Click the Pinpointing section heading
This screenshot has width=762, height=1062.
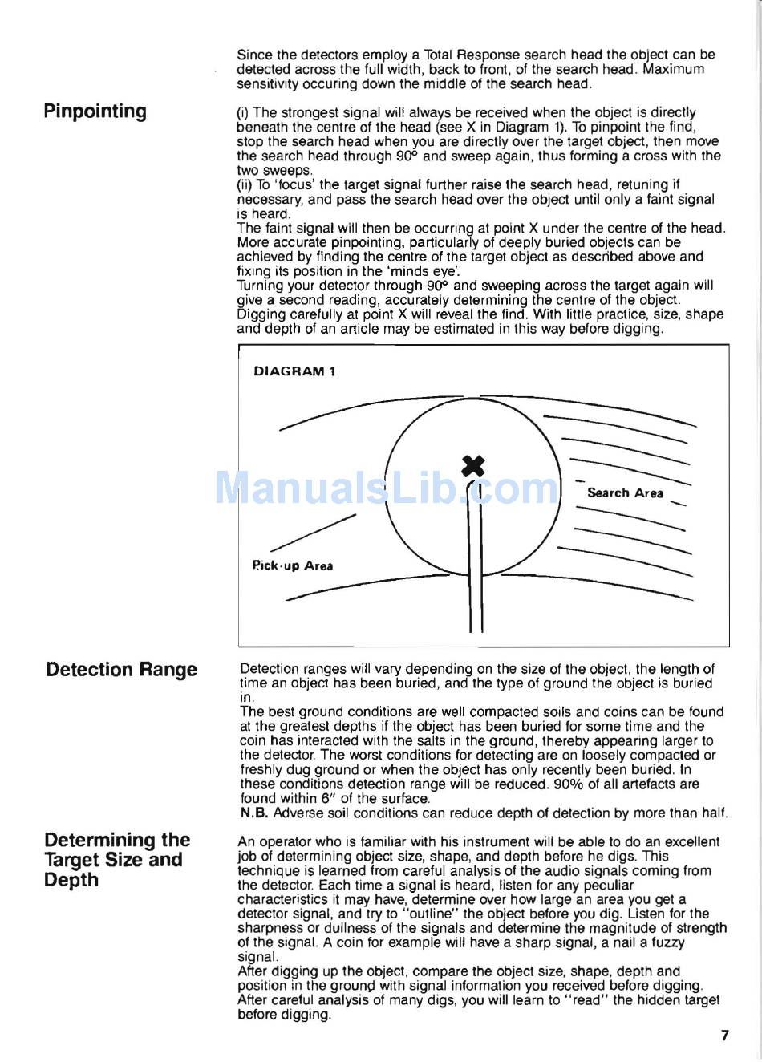tap(95, 111)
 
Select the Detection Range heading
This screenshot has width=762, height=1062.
tap(121, 670)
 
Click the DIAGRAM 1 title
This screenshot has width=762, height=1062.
tap(294, 371)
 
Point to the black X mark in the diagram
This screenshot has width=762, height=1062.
tap(474, 465)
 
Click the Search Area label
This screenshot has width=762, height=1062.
tap(625, 492)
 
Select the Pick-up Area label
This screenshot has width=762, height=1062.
tap(292, 565)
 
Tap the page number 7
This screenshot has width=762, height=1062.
tap(725, 1035)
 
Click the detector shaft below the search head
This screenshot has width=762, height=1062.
tap(475, 578)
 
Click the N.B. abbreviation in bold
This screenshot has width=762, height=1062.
tap(254, 813)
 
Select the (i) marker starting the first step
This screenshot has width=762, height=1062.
tap(242, 112)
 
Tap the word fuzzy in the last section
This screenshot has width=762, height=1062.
tap(667, 942)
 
